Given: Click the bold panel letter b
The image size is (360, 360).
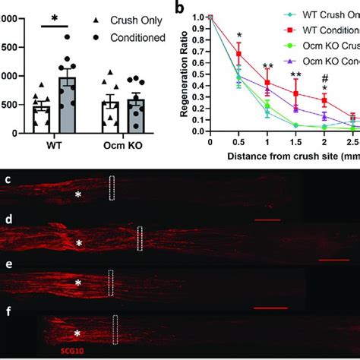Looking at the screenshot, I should click(x=179, y=7).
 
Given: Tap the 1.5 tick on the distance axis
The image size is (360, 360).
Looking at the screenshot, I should click(x=293, y=143).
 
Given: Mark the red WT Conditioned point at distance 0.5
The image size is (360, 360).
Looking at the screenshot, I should click(x=238, y=54).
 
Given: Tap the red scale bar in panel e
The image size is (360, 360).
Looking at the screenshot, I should click(x=270, y=308).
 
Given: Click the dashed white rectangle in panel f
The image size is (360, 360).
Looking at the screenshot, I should click(x=115, y=330).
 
